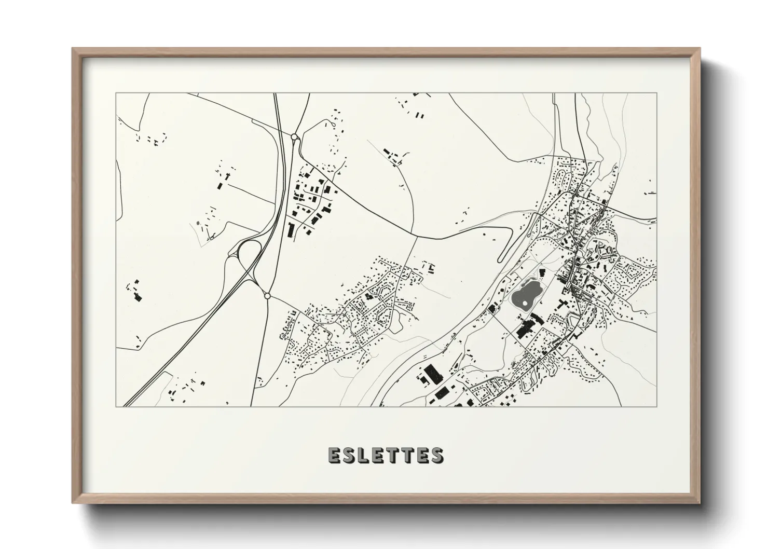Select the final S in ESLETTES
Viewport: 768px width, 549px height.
436,455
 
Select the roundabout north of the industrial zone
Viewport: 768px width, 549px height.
295,138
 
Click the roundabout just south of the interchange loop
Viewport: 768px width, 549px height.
267,296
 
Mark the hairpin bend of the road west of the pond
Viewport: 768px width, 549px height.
500,259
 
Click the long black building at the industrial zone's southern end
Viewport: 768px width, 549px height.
291,229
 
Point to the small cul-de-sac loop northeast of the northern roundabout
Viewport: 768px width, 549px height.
331,123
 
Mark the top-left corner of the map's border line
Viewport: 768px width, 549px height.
116,93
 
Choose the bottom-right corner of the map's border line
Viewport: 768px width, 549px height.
656,407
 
